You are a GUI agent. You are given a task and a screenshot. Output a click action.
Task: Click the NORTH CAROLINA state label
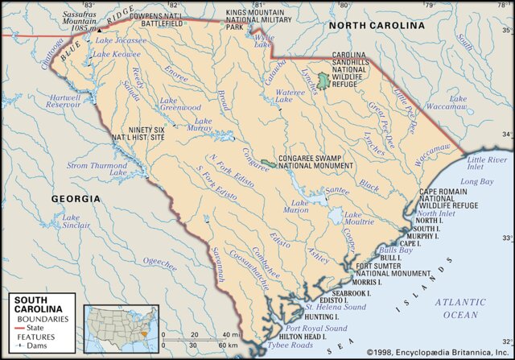[x=377, y=26]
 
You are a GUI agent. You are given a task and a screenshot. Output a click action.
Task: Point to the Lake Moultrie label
[x=359, y=218]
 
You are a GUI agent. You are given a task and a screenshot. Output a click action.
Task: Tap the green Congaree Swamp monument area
[x=267, y=164]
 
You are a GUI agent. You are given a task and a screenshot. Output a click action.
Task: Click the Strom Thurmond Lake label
[x=97, y=169]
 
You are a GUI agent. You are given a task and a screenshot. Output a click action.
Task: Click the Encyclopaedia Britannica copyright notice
[x=440, y=353]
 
